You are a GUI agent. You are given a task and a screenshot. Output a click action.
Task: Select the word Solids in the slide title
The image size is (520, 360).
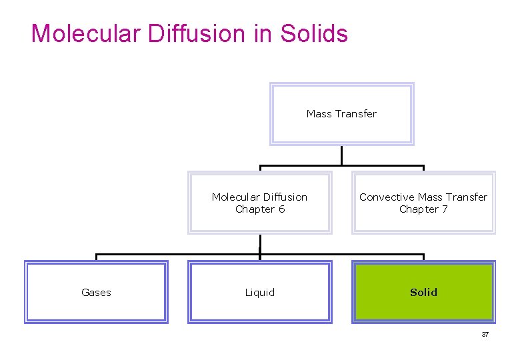pos(314,33)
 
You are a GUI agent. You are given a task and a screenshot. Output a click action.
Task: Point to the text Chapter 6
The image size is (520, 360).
pos(259,209)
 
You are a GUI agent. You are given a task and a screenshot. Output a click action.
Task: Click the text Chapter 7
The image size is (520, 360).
pos(423,209)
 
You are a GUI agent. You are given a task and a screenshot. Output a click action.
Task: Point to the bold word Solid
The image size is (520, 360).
pos(423,293)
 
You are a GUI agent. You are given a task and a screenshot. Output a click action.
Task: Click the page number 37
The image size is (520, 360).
pos(485,335)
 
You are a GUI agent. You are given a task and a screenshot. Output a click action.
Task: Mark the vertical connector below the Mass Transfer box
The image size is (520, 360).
pos(341,155)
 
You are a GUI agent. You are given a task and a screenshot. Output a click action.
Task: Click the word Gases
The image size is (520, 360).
pos(96,293)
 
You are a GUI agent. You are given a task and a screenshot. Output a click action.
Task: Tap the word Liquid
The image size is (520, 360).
pos(259,293)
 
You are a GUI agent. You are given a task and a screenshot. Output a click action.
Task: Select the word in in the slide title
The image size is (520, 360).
pos(264,33)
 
